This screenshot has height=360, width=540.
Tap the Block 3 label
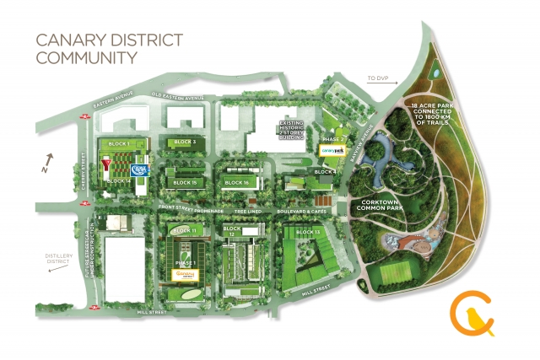183,142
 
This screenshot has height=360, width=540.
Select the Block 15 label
184,182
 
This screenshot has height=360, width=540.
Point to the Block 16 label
237,182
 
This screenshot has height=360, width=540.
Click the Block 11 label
183,229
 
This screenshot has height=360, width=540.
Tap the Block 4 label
325,172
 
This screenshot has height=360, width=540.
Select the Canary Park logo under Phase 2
333,150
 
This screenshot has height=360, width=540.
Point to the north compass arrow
49,158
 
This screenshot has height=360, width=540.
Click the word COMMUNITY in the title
84,58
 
